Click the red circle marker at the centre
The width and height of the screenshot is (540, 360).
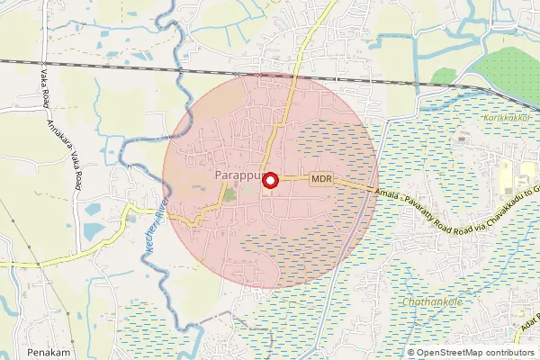(269, 180)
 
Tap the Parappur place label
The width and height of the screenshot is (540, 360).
(238, 174)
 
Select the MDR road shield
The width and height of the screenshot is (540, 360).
(322, 179)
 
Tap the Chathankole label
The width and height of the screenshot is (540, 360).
(433, 302)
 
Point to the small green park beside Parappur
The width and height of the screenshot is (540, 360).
(229, 193)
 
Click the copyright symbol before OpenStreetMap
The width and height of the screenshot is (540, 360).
(411, 352)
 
